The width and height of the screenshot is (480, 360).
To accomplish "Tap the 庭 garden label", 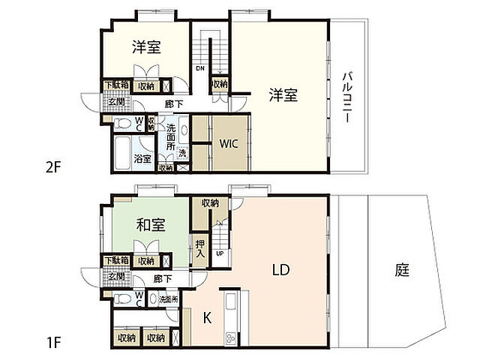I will coord(403,271).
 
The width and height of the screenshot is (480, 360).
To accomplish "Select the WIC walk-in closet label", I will coord(229,144).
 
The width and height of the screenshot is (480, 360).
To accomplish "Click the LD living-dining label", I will coord(280,269).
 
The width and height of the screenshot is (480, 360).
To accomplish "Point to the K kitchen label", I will coord(207,317).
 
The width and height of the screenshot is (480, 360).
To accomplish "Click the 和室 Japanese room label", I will coord(151,224).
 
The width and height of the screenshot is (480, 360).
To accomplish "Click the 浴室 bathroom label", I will coord(142,158).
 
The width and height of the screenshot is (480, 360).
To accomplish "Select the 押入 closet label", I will coord(200,248).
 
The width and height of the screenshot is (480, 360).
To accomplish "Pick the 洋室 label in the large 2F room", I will coord(284,95).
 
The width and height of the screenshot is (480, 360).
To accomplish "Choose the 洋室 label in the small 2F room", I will coord(147,47).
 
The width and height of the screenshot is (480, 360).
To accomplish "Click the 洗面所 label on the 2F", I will coord(172,136).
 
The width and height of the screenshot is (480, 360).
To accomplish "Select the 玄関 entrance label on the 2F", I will coord(116,102).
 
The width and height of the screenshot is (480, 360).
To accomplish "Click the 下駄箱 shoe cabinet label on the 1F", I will coord(115,260).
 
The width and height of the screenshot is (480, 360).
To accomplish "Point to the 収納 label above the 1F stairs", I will coord(209,202).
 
